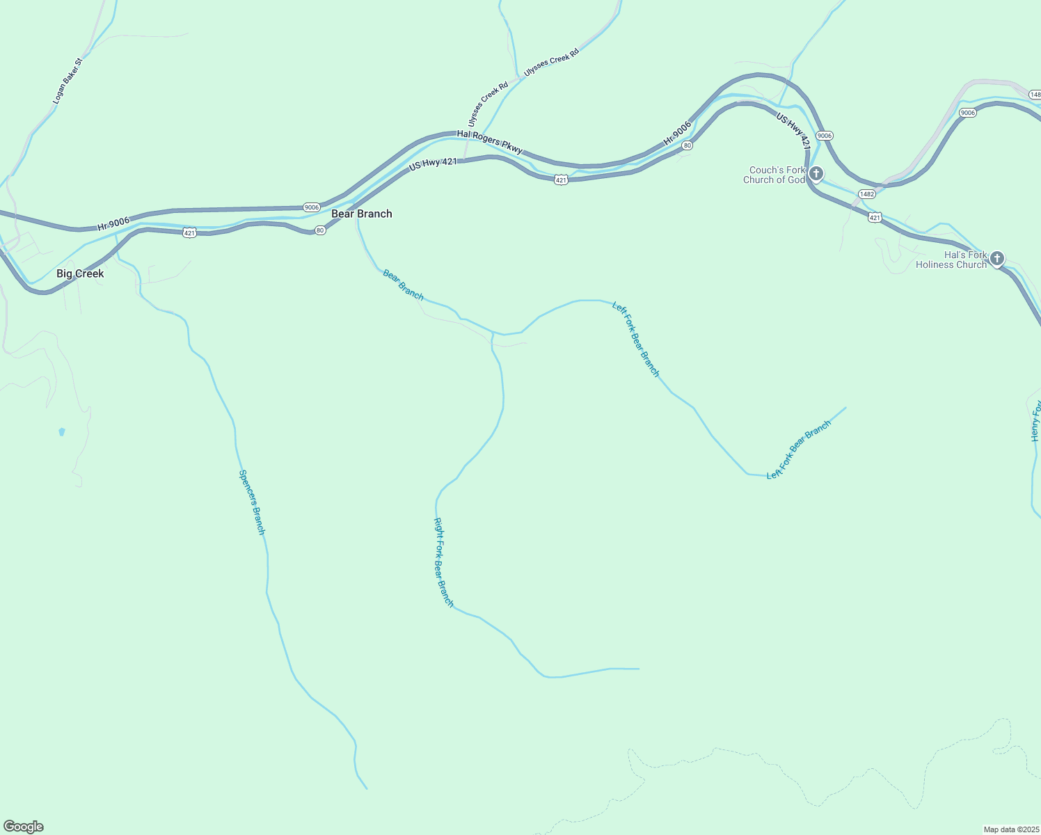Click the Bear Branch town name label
point(361,214)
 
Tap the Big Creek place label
point(80,273)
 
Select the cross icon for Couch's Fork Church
point(816,173)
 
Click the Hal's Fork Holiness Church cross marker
point(996,258)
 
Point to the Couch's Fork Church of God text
point(774,175)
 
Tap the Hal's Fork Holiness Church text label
point(951,260)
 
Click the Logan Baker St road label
point(67,81)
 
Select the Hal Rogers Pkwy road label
point(490,141)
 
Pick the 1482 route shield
point(866,194)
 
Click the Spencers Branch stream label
point(252,502)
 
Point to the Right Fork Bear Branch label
point(444,562)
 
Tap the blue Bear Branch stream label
point(403,285)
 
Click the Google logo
point(24,827)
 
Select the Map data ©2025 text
point(1010,829)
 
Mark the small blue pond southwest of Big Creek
point(62,432)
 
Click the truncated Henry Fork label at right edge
point(1035,421)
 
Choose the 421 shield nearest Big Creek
point(189,233)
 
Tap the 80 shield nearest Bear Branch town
point(319,230)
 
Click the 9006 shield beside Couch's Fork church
point(825,136)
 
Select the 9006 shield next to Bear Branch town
point(311,207)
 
